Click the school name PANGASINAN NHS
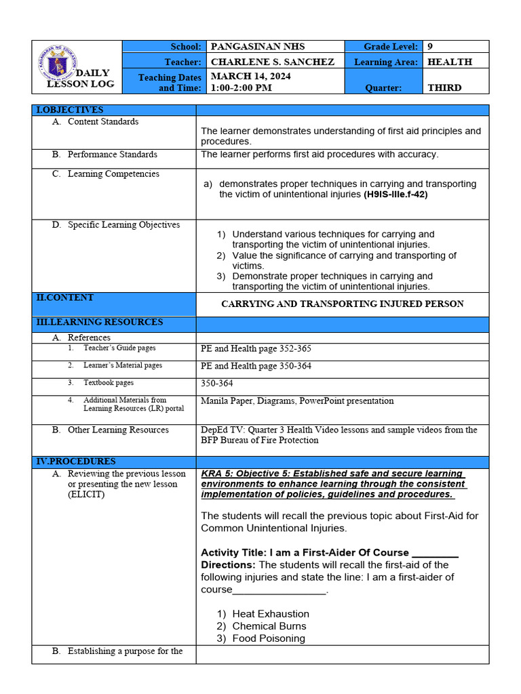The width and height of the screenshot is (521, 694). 258,47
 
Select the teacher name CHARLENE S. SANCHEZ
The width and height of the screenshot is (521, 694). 273,62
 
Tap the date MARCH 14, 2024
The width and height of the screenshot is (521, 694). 251,76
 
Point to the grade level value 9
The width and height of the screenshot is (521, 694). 430,47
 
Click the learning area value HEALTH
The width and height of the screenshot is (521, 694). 449,62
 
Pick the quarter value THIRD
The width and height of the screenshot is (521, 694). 444,87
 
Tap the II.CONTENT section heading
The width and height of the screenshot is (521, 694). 65,298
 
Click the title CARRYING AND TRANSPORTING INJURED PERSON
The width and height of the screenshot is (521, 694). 343,304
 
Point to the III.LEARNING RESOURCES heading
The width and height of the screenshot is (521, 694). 99,322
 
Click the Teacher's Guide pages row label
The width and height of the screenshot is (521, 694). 119,348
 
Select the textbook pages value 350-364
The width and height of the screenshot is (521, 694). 217,384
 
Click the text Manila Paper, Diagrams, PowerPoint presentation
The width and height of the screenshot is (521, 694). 297,401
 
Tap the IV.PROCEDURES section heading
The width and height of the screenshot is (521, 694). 75,462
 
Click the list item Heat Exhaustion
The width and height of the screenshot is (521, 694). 270,614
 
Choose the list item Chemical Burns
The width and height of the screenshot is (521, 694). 269,626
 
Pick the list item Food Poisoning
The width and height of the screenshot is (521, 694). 268,638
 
